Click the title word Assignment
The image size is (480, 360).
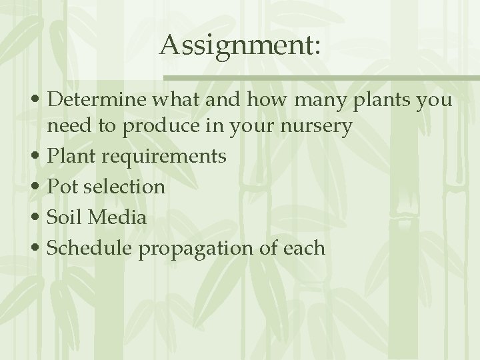point(237,45)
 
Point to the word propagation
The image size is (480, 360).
point(199,248)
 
